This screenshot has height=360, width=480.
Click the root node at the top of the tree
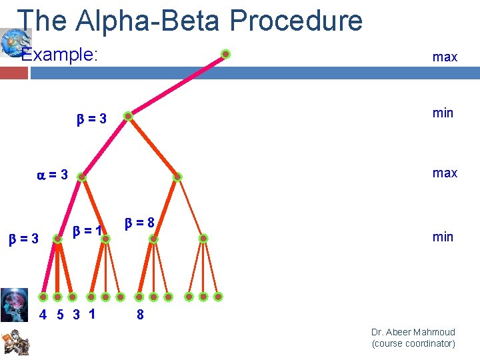(226, 54)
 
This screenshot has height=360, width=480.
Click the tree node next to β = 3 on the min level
(129, 117)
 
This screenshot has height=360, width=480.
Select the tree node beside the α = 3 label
(81, 177)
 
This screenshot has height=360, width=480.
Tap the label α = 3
(52, 175)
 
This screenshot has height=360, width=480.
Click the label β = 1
(87, 231)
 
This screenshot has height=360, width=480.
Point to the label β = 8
(139, 223)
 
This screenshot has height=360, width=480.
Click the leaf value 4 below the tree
(43, 315)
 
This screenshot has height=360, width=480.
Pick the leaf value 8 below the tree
(140, 315)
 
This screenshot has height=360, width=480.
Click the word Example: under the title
(60, 55)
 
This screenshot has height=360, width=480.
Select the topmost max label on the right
(445, 57)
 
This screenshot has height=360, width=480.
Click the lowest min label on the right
(443, 237)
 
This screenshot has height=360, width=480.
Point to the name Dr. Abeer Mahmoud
(413, 332)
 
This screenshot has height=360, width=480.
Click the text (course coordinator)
(413, 344)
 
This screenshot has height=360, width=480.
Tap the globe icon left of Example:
(11, 43)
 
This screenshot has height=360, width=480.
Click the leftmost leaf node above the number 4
(43, 297)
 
